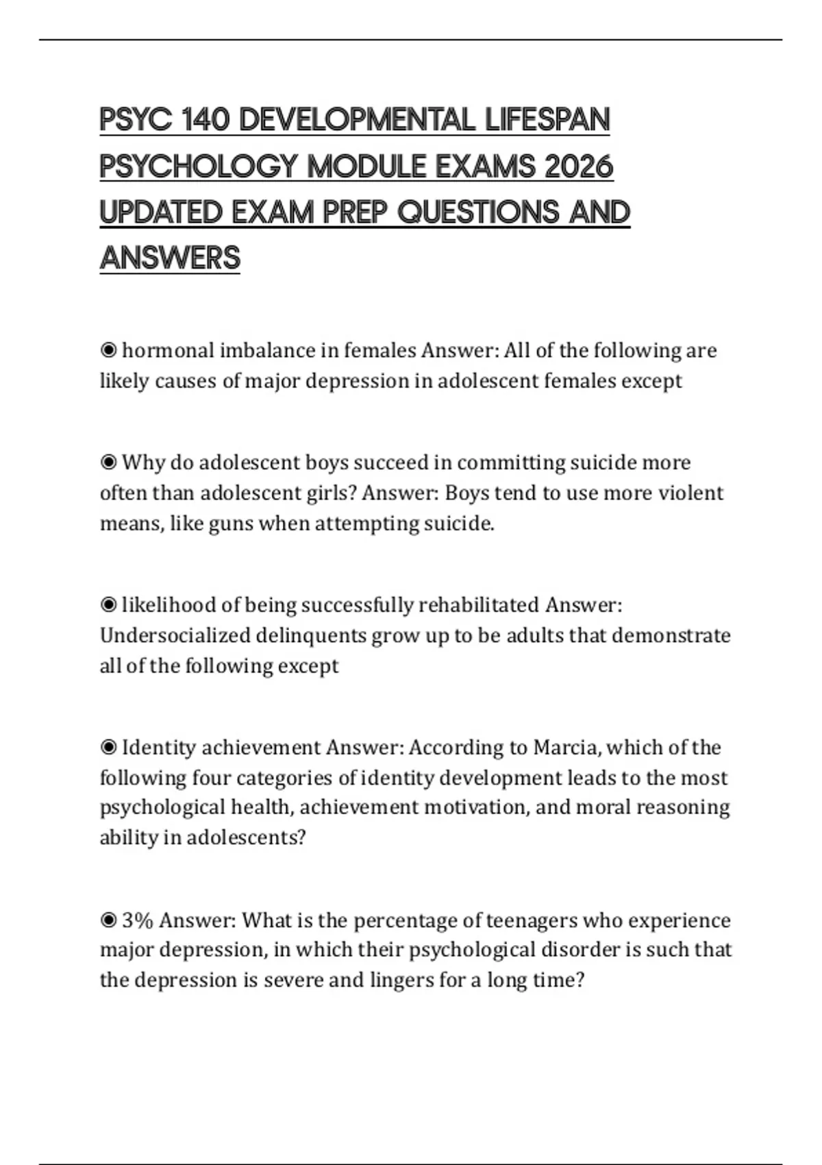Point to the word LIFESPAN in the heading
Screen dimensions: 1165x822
click(547, 120)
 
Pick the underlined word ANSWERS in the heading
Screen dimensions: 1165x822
click(170, 258)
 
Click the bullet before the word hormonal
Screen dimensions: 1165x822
click(108, 351)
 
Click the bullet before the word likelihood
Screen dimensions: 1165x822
click(108, 605)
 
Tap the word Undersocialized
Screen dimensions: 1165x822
click(175, 636)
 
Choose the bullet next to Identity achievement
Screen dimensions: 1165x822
click(108, 748)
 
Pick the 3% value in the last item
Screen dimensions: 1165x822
click(137, 920)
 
